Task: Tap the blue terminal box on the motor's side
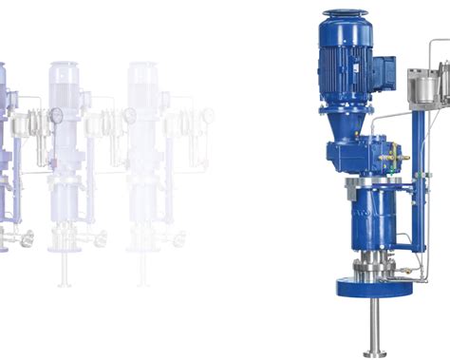tap(384, 72)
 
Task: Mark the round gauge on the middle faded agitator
tap(56, 115)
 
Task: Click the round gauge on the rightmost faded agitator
tap(130, 115)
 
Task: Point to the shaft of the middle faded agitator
tap(65, 271)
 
